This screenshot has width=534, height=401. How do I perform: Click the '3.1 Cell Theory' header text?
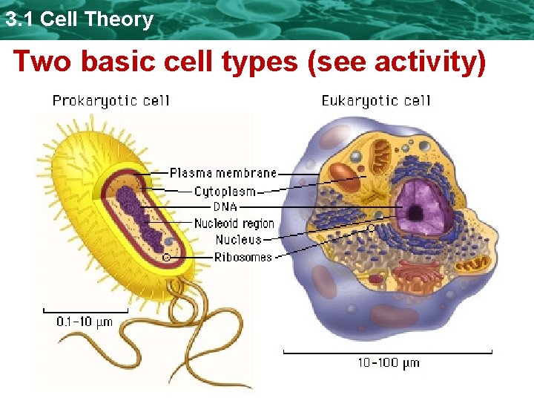(78, 19)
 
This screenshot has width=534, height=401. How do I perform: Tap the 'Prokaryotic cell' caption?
(111, 101)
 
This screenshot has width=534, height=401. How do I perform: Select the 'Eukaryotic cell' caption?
(376, 101)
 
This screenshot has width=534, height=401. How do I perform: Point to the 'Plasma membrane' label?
(222, 173)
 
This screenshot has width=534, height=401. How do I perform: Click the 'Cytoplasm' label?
(225, 191)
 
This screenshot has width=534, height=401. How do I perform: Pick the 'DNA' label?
(225, 206)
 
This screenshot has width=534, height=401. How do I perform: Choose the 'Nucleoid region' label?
(234, 223)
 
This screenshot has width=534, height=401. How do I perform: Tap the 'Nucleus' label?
(238, 239)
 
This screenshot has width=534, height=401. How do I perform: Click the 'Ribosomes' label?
(243, 257)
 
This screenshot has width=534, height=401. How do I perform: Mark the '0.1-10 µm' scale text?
(85, 322)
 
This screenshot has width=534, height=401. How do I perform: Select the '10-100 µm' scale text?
(388, 363)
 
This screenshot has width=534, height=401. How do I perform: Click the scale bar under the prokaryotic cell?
(85, 309)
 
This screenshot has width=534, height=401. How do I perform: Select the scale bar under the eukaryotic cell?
(388, 351)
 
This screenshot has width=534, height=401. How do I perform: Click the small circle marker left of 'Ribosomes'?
(167, 257)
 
